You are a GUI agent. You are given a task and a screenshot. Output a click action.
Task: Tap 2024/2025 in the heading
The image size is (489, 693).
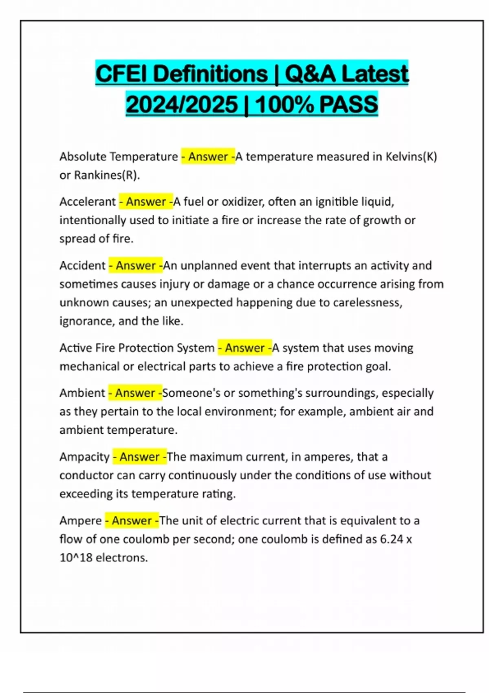182,104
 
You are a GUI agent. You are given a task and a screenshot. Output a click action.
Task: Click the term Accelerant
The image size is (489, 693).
88,202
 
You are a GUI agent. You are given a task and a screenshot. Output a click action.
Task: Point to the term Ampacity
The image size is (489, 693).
84,457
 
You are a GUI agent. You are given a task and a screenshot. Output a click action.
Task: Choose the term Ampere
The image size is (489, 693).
81,521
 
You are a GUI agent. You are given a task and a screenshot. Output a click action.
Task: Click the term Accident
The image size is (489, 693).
82,266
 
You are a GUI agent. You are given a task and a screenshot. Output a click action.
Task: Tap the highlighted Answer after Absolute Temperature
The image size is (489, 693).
208,157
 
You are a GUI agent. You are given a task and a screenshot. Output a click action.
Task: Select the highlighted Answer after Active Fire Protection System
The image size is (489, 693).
244,348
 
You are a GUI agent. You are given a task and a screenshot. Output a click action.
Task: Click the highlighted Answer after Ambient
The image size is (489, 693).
135,393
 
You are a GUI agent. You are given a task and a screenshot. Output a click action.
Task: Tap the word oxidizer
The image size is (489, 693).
242,202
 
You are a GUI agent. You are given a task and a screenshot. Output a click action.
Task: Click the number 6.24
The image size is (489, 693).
391,539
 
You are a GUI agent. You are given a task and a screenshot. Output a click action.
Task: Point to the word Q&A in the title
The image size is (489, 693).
310,74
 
